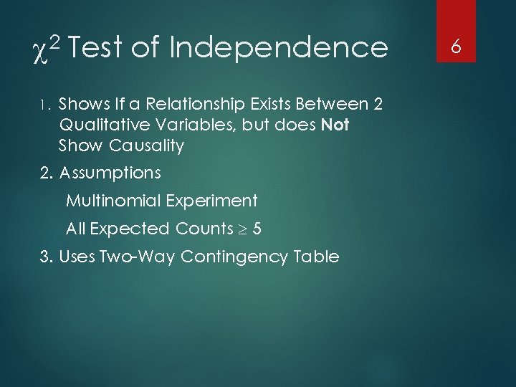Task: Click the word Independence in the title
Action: coord(279,48)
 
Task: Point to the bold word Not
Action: coord(335,125)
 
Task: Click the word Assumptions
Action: coord(110,173)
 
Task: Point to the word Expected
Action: coord(127,229)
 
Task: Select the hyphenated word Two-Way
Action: coord(141,256)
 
